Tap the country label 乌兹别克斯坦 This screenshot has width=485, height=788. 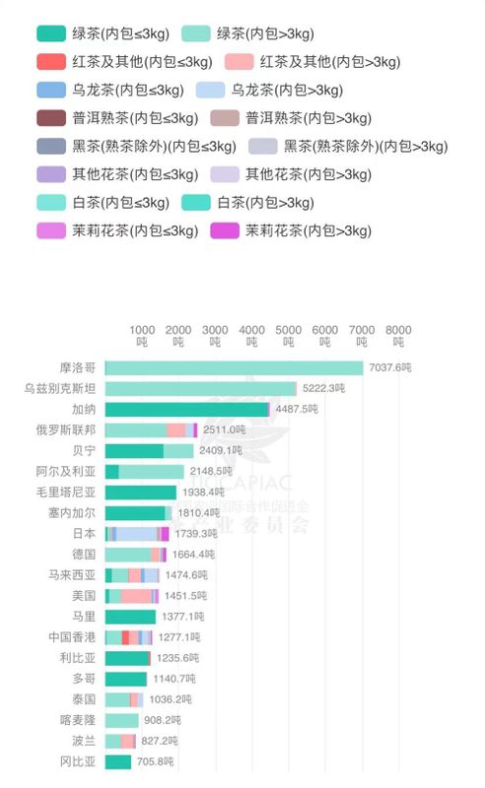(x=60, y=388)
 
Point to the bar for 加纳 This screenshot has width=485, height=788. (x=186, y=409)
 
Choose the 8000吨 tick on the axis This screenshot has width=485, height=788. (x=398, y=336)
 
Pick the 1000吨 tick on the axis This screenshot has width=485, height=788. (x=142, y=336)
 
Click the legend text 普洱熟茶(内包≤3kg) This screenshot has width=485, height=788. (x=128, y=118)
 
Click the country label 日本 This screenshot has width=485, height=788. (x=84, y=533)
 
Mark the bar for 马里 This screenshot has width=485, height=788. (x=130, y=617)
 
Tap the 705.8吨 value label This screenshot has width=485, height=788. (x=154, y=761)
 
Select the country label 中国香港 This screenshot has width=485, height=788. (x=72, y=637)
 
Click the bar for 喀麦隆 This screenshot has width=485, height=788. (x=121, y=720)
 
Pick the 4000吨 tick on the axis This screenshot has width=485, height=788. (x=251, y=336)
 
